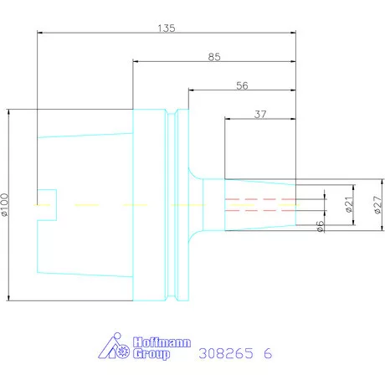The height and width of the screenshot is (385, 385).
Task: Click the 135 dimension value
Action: pos(167,28)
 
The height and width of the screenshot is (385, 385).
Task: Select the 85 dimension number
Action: pos(214,57)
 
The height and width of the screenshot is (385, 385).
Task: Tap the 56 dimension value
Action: pos(242,85)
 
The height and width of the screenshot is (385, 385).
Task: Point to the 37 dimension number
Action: pos(260,114)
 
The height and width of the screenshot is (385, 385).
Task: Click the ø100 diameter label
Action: pos(5,205)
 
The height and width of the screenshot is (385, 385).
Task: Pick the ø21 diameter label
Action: pos(349,204)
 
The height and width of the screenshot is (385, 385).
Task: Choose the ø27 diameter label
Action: pos(377,205)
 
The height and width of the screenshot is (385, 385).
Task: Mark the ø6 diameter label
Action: pos(320,226)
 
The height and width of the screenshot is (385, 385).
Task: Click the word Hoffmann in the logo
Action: pos(162,342)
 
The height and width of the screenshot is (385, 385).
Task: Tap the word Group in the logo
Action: pos(151,354)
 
